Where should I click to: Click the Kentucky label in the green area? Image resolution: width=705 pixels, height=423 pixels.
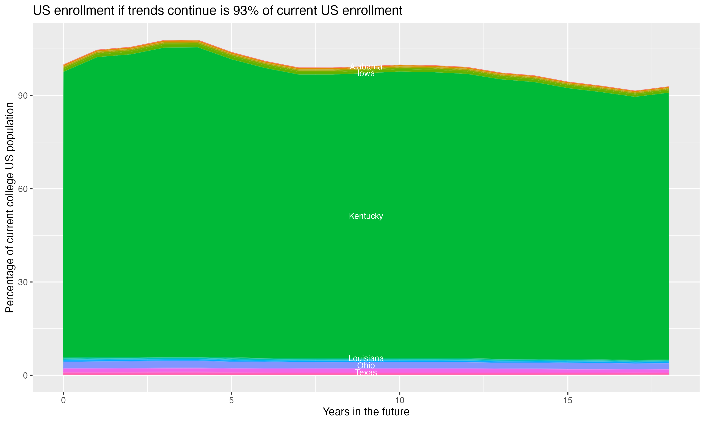click(x=366, y=216)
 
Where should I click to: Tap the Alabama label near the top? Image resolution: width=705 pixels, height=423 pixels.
click(x=366, y=67)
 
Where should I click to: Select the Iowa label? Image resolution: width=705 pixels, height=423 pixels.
click(x=366, y=74)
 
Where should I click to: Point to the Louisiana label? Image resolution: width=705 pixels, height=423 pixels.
click(x=366, y=358)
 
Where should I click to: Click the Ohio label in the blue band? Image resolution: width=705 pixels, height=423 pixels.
click(x=366, y=365)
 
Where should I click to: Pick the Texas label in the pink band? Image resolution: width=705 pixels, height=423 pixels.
click(x=366, y=372)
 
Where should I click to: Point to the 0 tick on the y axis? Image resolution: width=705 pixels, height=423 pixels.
click(x=25, y=375)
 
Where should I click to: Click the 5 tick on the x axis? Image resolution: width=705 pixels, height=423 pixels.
click(x=231, y=400)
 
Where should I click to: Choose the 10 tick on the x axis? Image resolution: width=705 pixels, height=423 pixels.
click(x=399, y=400)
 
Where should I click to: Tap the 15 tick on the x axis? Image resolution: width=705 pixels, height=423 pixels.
click(x=568, y=400)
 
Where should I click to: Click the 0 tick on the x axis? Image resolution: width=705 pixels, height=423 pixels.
click(x=63, y=400)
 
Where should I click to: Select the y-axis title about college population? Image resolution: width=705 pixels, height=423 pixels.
click(x=10, y=208)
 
